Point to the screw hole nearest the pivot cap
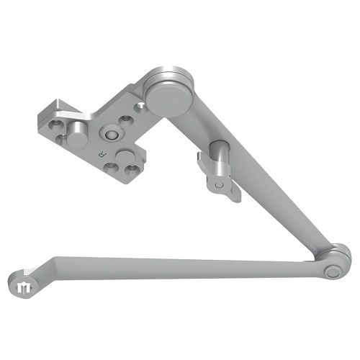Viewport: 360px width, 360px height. tap(140, 107)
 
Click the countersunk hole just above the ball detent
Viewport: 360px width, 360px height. tap(125, 120)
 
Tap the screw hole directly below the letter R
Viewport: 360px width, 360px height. tap(110, 168)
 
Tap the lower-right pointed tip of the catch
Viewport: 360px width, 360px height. tap(234, 197)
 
